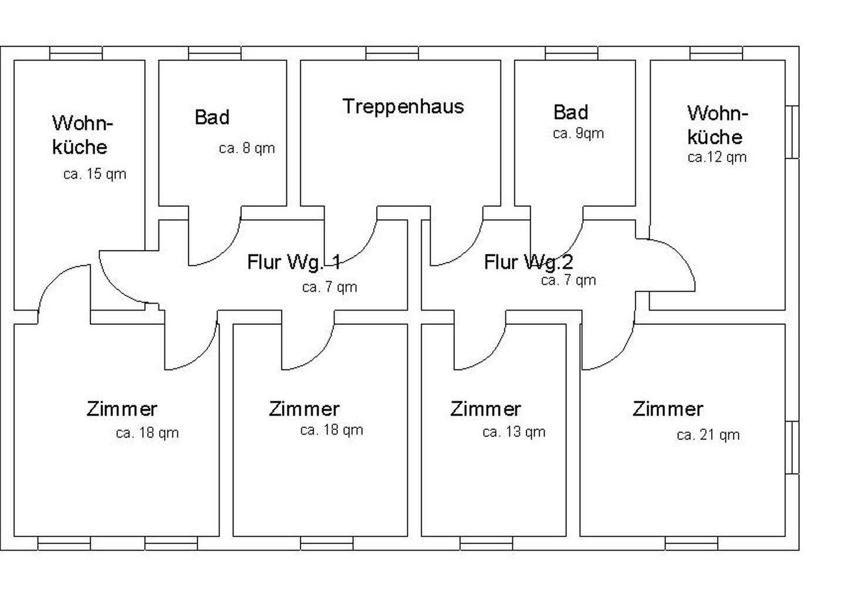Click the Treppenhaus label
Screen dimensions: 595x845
(x=403, y=106)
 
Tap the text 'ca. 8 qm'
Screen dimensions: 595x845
(x=246, y=148)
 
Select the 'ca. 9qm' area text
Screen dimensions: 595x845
(x=578, y=133)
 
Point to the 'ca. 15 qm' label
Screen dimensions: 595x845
(x=94, y=174)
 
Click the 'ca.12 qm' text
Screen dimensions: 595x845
(x=717, y=157)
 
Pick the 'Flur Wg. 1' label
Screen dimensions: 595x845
(x=293, y=262)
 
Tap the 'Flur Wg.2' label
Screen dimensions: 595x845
(x=528, y=262)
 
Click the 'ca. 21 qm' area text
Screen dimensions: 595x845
(x=708, y=435)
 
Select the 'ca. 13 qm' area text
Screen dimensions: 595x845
(x=513, y=432)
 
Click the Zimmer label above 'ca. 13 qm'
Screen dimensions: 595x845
(x=485, y=409)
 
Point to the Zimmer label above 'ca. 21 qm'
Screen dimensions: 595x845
(x=667, y=409)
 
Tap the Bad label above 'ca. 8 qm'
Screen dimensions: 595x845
(x=212, y=117)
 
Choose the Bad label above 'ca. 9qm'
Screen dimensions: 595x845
(x=570, y=112)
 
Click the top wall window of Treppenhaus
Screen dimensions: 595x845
(x=392, y=53)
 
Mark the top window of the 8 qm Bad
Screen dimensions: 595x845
(x=214, y=53)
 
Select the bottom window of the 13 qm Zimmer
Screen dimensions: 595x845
(x=486, y=543)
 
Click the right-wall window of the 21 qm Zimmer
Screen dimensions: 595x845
(x=792, y=447)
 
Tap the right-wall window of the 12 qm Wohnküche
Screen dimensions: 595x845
(x=792, y=132)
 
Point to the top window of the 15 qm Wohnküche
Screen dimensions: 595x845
(x=76, y=53)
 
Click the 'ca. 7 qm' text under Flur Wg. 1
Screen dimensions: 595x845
(x=329, y=287)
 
